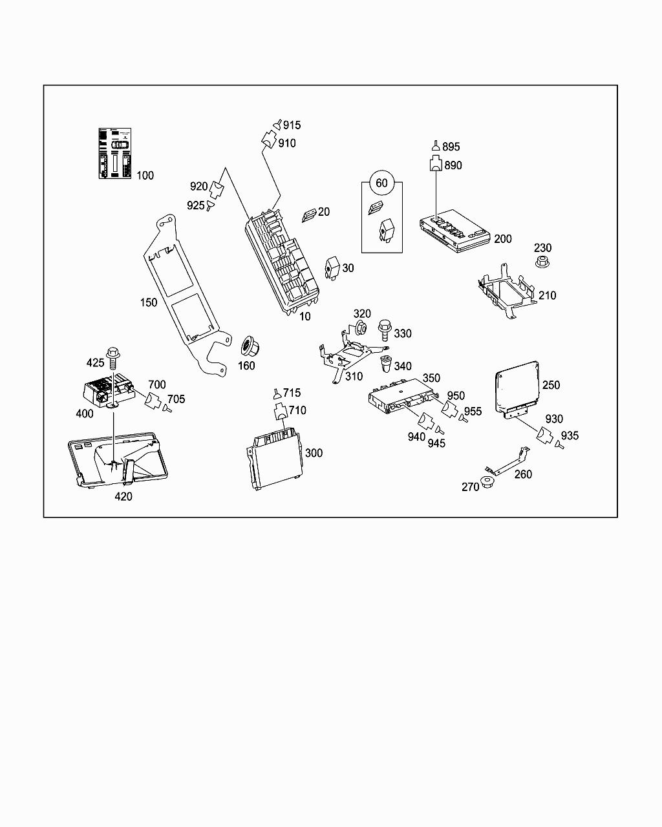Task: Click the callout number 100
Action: coord(145,175)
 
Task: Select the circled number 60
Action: coord(381,183)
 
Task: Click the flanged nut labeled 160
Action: coord(247,346)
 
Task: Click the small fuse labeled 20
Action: coord(308,215)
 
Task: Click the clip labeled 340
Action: coord(387,364)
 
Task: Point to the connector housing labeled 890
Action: coord(436,164)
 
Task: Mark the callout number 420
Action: coord(123,496)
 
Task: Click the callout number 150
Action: coord(149,302)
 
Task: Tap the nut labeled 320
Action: coord(363,328)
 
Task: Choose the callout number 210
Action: coord(547,295)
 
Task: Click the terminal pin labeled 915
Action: coord(277,125)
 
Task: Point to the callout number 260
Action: coord(523,474)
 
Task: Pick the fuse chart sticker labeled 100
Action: coord(114,153)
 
